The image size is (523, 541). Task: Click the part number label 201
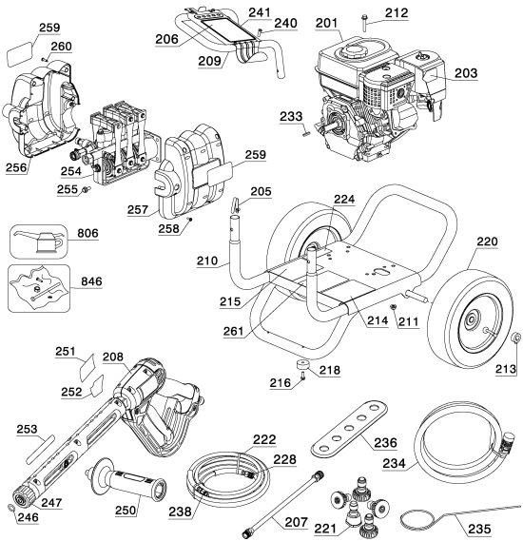329,24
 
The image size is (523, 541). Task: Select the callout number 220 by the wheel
486,242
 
